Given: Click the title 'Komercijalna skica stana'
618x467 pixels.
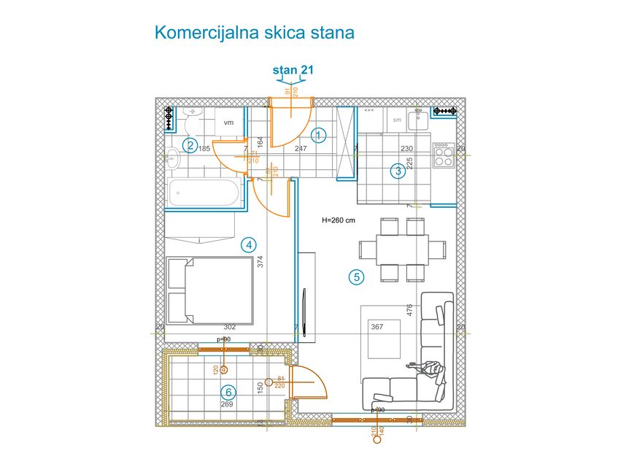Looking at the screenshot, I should tap(254, 33).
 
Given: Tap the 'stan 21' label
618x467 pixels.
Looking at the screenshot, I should tap(293, 70).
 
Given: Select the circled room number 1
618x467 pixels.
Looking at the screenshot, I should tap(318, 134).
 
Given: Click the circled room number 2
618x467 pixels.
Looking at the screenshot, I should tap(190, 145).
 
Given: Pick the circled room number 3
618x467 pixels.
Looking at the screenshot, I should tap(398, 171).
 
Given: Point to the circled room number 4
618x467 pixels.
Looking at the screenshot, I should tap(249, 245).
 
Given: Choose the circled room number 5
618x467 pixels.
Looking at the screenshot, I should tap(356, 277).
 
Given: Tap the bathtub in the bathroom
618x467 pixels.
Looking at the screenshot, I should tap(203, 193).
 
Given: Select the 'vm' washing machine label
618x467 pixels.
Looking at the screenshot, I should tap(228, 123).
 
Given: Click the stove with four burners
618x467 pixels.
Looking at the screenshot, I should tap(442, 154).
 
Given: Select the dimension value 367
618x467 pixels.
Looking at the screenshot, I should tap(377, 327).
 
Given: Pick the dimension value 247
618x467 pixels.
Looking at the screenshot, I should tap(300, 148).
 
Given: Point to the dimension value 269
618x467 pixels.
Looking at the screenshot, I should tap(227, 404).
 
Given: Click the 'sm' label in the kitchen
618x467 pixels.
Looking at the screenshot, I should tap(397, 120).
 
